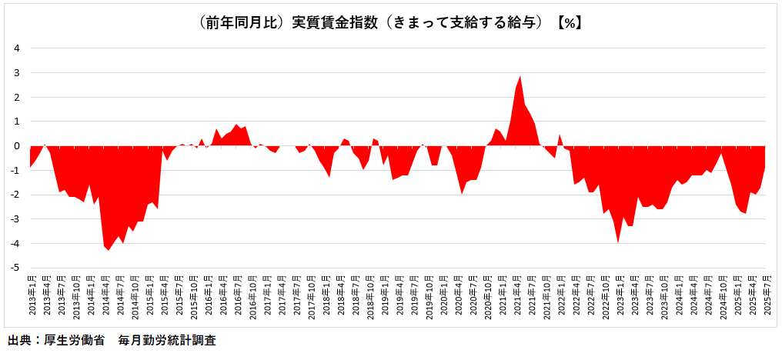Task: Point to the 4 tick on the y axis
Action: point(16,48)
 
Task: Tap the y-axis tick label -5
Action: point(15,268)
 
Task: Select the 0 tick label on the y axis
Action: point(16,146)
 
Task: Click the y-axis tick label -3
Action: point(15,219)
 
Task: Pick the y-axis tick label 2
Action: point(16,97)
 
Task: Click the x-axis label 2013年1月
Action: point(31,295)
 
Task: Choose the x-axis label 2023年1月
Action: point(618,295)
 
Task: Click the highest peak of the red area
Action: point(520,77)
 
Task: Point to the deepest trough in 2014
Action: point(109,249)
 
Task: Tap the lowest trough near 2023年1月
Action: point(618,242)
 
